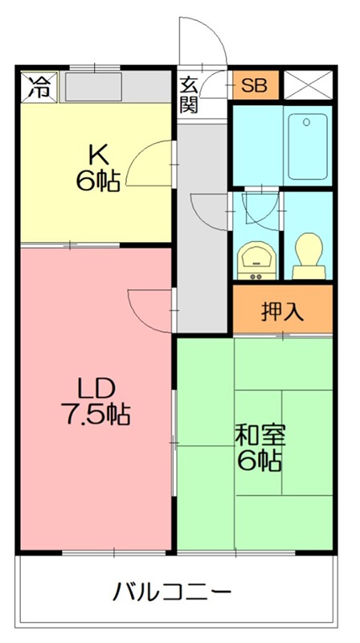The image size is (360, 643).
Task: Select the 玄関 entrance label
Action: click(190, 93)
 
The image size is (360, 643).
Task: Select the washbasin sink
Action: click(256, 260)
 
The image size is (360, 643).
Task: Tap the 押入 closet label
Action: click(282, 311)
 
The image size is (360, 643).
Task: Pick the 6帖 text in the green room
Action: click(259, 461)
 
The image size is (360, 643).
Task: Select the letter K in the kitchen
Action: click(98, 153)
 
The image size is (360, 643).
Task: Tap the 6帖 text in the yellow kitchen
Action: click(98, 180)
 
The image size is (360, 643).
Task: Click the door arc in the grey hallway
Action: click(207, 211)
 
